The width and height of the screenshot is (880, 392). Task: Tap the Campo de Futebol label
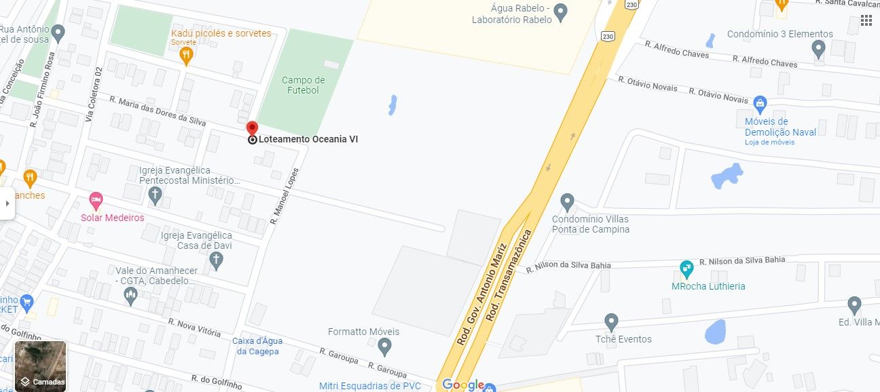[303, 85]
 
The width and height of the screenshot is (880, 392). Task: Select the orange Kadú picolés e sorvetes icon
[187, 55]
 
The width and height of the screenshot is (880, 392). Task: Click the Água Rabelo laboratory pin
[560, 12]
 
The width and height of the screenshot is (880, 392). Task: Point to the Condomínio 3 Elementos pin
[818, 48]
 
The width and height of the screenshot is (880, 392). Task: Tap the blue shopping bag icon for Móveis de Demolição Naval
[760, 105]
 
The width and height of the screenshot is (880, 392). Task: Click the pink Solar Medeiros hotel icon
[96, 200]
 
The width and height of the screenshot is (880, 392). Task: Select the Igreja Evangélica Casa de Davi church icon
[216, 260]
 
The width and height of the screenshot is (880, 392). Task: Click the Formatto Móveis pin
[384, 347]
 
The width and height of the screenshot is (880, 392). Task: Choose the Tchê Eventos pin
[611, 322]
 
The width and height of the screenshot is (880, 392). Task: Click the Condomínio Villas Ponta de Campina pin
[568, 202]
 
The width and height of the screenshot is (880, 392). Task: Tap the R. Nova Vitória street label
[195, 328]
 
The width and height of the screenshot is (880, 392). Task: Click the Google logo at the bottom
[463, 385]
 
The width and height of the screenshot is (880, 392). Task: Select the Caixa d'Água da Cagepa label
[257, 346]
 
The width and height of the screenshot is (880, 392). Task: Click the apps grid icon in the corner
[866, 20]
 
